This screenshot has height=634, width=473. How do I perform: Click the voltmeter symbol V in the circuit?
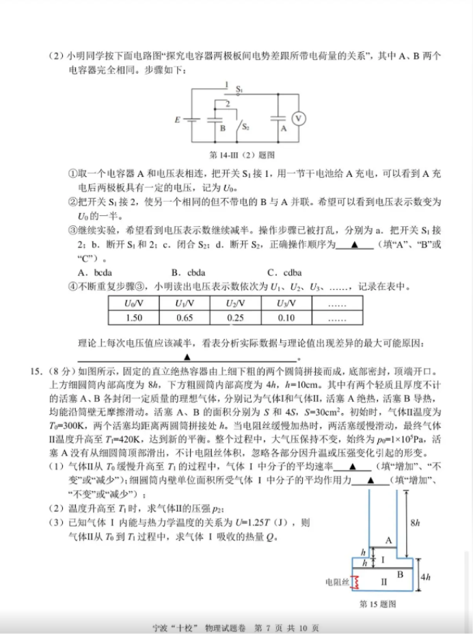click(299, 119)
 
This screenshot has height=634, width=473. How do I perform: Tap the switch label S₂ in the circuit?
click(245, 127)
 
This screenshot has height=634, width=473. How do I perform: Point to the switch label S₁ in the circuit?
click(240, 89)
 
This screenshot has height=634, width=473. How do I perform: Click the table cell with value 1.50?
click(134, 318)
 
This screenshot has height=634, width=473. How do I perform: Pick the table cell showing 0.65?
click(185, 318)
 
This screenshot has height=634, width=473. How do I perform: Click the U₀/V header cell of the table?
click(134, 303)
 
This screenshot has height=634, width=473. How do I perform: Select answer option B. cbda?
click(188, 272)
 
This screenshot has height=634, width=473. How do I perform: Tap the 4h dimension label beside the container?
click(425, 578)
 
